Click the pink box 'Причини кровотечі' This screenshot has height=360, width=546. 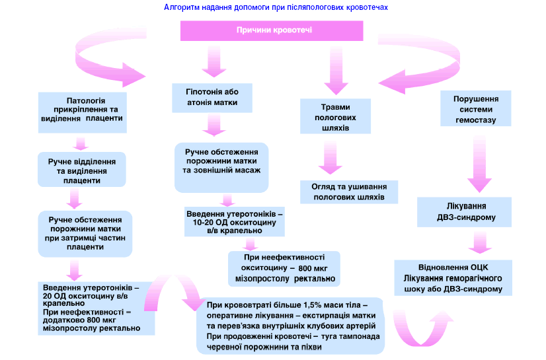coord(272,31)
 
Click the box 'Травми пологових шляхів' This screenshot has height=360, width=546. coord(335,116)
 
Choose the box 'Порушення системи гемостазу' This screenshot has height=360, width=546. coord(475,109)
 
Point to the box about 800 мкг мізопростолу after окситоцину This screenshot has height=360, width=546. coord(284,268)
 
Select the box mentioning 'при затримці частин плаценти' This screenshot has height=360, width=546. coord(86,233)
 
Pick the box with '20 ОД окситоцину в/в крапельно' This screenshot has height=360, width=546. coord(91,308)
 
